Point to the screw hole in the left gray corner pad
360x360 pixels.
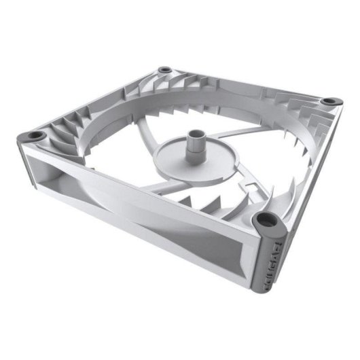(34, 137)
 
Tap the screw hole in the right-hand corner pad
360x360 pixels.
(329, 101)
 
